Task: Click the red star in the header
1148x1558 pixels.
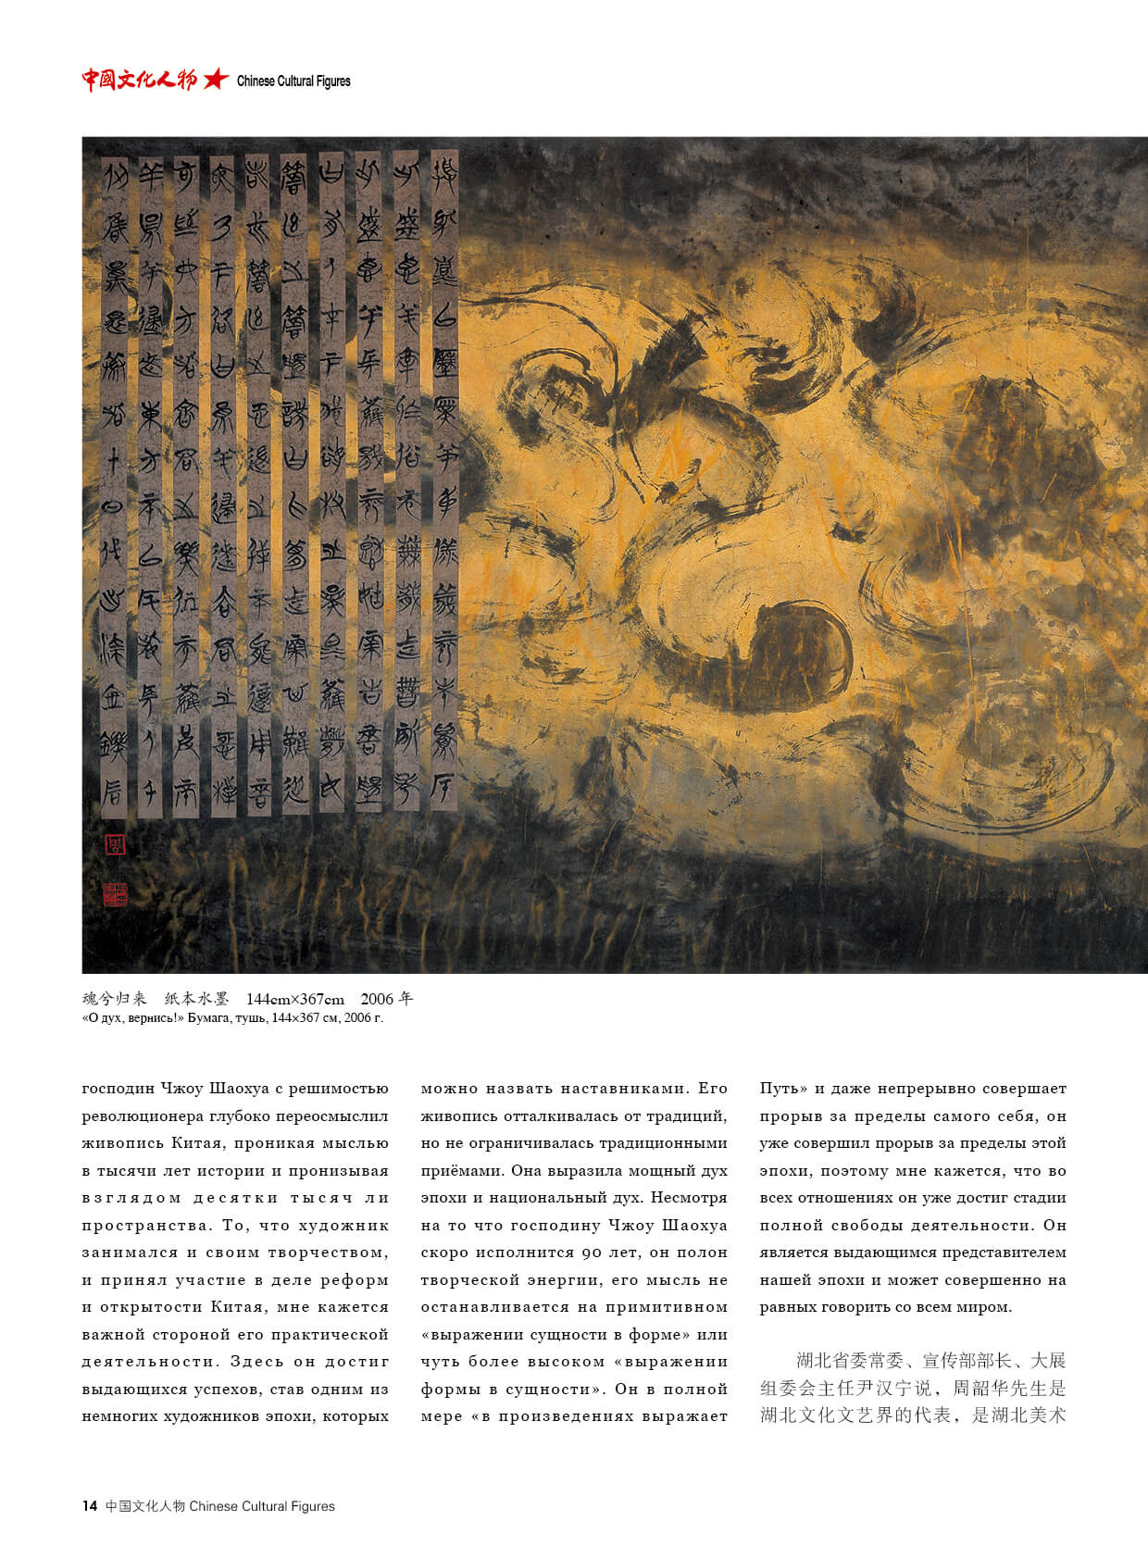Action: point(215,80)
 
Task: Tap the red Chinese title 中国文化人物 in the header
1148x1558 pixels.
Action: point(140,80)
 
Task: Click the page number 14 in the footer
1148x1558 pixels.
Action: point(90,1506)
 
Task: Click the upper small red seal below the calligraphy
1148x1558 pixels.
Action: point(116,845)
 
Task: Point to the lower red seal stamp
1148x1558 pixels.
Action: point(116,893)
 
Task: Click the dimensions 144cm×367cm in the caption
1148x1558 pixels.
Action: point(294,999)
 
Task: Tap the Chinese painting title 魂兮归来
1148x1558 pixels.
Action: point(114,999)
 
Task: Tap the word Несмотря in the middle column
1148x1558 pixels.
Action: point(689,1198)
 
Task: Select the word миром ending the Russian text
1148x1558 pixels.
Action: point(987,1307)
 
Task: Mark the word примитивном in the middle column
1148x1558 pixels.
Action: point(667,1307)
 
